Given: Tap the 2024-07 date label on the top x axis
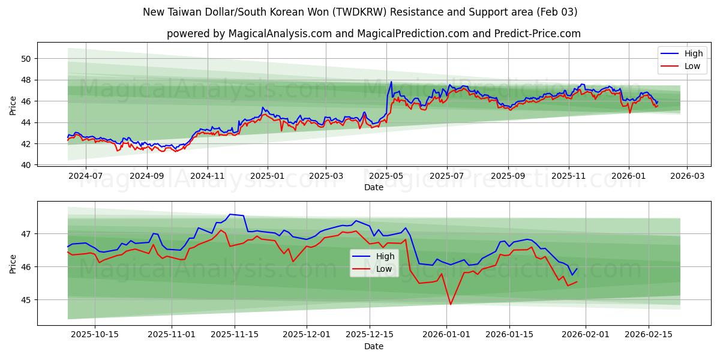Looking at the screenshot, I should pos(85,176).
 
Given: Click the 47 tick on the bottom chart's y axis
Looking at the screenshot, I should pos(26,233).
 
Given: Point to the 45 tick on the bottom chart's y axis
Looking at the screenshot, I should pos(26,299).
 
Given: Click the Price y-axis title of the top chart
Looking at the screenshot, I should pos(13,106).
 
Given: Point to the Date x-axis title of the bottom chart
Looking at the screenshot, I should pos(373,346).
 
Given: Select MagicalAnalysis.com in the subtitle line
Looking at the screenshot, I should pos(279,34).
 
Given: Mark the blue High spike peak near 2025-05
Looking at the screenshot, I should pos(391,82).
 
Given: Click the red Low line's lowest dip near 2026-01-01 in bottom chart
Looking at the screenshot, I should pos(451,304).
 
